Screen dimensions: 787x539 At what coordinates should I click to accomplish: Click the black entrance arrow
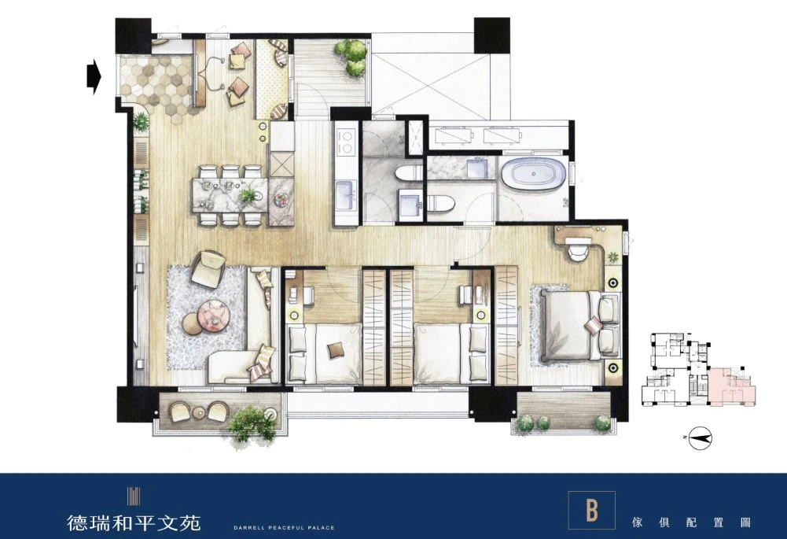(94, 77)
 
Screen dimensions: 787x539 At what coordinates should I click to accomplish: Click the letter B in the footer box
(592, 510)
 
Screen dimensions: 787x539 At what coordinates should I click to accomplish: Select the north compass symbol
(700, 438)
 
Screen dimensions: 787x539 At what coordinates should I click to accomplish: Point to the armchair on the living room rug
(208, 269)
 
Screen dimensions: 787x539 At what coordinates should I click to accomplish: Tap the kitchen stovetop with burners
(346, 142)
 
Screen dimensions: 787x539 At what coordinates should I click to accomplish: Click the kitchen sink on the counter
(346, 197)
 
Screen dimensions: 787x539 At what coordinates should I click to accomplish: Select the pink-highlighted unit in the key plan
(732, 386)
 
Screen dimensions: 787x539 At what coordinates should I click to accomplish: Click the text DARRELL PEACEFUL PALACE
(284, 527)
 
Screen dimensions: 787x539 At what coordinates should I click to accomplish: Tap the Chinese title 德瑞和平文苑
(134, 523)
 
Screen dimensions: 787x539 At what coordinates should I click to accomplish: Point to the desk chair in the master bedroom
(577, 252)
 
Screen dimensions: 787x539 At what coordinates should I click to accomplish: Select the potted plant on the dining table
(248, 194)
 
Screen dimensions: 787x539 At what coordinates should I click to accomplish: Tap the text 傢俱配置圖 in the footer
(691, 522)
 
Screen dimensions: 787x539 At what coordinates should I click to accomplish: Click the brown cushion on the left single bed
(335, 349)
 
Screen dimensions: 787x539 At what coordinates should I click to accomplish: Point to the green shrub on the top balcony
(351, 57)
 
